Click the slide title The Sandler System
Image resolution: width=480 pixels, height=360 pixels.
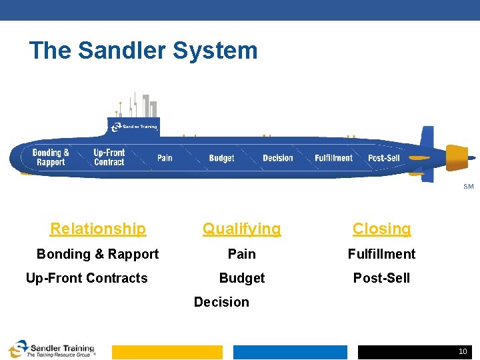pyautogui.click(x=143, y=51)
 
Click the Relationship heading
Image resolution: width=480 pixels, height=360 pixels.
pyautogui.click(x=98, y=229)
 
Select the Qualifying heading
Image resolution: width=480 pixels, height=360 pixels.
pyautogui.click(x=242, y=229)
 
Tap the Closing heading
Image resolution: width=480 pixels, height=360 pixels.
pyautogui.click(x=381, y=229)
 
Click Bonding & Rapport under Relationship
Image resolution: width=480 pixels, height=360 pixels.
pyautogui.click(x=97, y=254)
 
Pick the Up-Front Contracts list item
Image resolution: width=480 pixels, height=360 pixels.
pyautogui.click(x=87, y=278)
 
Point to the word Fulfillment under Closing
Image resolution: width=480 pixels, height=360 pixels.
pyautogui.click(x=381, y=254)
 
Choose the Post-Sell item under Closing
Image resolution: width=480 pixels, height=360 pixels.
pyautogui.click(x=381, y=278)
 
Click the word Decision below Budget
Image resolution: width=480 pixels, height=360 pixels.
pyautogui.click(x=221, y=302)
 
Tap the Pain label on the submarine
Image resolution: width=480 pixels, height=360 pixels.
pyautogui.click(x=165, y=158)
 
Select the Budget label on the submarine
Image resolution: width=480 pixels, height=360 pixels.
pyautogui.click(x=221, y=158)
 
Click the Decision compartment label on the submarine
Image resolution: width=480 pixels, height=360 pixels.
pyautogui.click(x=278, y=158)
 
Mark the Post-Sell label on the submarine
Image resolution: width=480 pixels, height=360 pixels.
pyautogui.click(x=384, y=158)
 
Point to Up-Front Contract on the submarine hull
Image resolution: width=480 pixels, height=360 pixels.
pyautogui.click(x=109, y=157)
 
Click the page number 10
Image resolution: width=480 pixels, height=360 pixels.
pyautogui.click(x=463, y=351)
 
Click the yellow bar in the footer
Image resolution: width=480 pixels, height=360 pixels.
pyautogui.click(x=167, y=352)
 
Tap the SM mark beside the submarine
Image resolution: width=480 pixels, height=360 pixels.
pyautogui.click(x=469, y=187)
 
